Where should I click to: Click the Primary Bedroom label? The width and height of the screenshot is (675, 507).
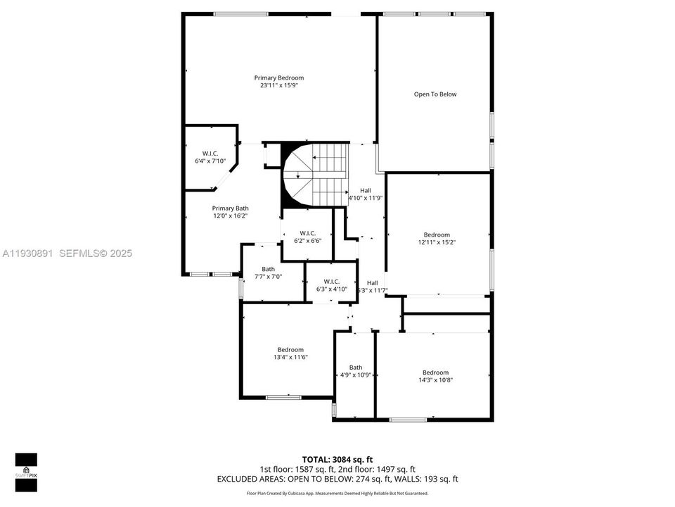278,77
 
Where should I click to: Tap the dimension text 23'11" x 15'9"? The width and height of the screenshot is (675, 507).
278,85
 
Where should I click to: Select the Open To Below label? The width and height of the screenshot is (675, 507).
435,94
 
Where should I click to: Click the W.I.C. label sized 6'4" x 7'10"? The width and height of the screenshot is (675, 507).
210,154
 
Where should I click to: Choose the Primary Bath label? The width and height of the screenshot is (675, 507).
231,208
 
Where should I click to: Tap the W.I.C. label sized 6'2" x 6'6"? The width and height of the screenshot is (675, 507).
307,233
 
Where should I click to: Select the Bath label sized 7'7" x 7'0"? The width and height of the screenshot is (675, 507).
269,269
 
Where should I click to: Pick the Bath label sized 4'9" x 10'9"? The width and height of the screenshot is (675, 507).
356,367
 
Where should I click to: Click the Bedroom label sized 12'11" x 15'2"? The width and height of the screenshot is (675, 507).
436,235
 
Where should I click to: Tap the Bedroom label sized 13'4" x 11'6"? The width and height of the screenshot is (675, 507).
290,350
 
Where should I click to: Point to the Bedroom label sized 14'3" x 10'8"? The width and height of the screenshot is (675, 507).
435,373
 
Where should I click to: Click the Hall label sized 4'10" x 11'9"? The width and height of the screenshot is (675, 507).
366,190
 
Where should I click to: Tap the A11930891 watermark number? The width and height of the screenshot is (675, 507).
28,253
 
